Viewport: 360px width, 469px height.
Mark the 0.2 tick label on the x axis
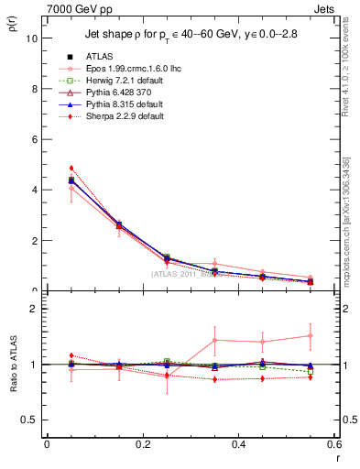click(x=142, y=444)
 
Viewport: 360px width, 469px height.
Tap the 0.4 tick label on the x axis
click(x=238, y=444)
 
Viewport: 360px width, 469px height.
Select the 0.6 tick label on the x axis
click(x=333, y=444)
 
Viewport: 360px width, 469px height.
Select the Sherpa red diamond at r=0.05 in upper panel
click(x=71, y=169)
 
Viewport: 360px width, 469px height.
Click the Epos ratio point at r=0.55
click(x=311, y=335)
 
